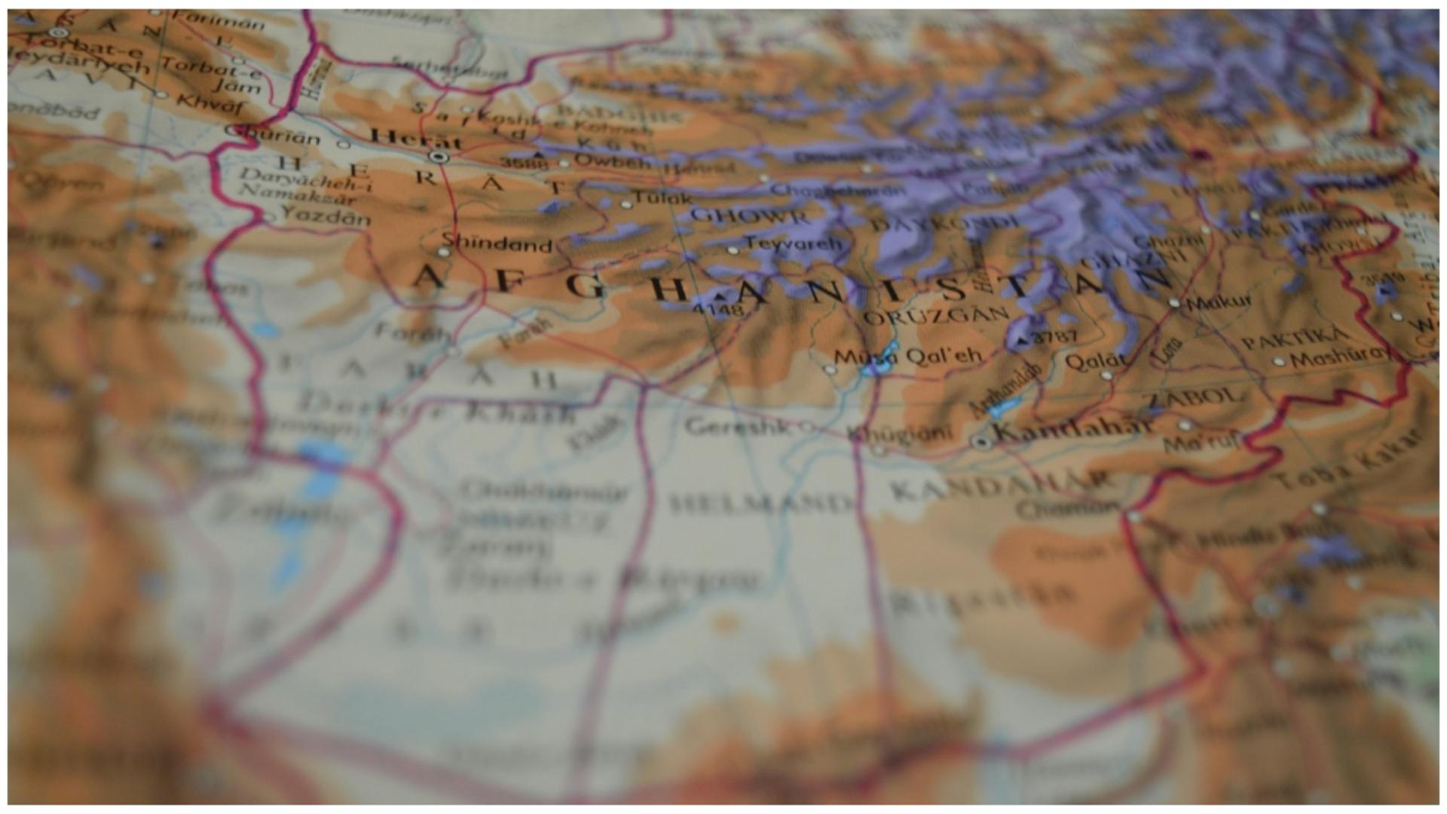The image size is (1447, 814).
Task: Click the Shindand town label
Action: [x=497, y=244]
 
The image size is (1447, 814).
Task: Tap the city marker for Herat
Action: [x=438, y=157]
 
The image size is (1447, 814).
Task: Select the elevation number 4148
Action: [x=717, y=309]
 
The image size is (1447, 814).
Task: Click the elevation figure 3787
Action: [x=1054, y=337]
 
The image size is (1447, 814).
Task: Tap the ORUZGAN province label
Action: [x=935, y=317]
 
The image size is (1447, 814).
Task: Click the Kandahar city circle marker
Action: [x=981, y=442]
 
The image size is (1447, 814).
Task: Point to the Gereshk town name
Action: [x=739, y=427]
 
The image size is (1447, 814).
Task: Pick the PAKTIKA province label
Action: [x=1293, y=338]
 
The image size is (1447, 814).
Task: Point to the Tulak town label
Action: [x=661, y=198]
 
